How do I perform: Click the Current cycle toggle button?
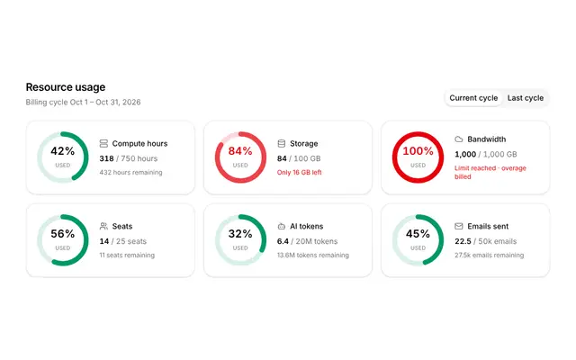pos(473,98)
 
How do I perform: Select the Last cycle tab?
pos(526,98)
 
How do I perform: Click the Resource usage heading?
pos(66,87)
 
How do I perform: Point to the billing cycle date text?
pos(83,102)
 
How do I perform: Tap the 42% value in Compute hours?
pos(63,151)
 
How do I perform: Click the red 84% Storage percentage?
pos(240,151)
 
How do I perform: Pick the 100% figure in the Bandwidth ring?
pos(418,151)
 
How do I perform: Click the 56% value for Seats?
pos(63,234)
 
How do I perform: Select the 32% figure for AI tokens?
pos(240,234)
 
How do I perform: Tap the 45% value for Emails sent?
pos(418,234)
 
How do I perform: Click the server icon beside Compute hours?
pos(103,143)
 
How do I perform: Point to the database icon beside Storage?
pos(282,143)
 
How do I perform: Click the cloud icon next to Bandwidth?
pos(459,139)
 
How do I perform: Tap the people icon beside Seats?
pos(103,226)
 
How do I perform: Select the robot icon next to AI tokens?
pos(282,226)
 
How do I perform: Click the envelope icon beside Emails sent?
pos(459,226)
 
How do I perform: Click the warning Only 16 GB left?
pos(300,172)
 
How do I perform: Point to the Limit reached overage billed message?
pos(490,172)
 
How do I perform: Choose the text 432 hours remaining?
pos(130,172)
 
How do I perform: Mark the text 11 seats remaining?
pos(127,255)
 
